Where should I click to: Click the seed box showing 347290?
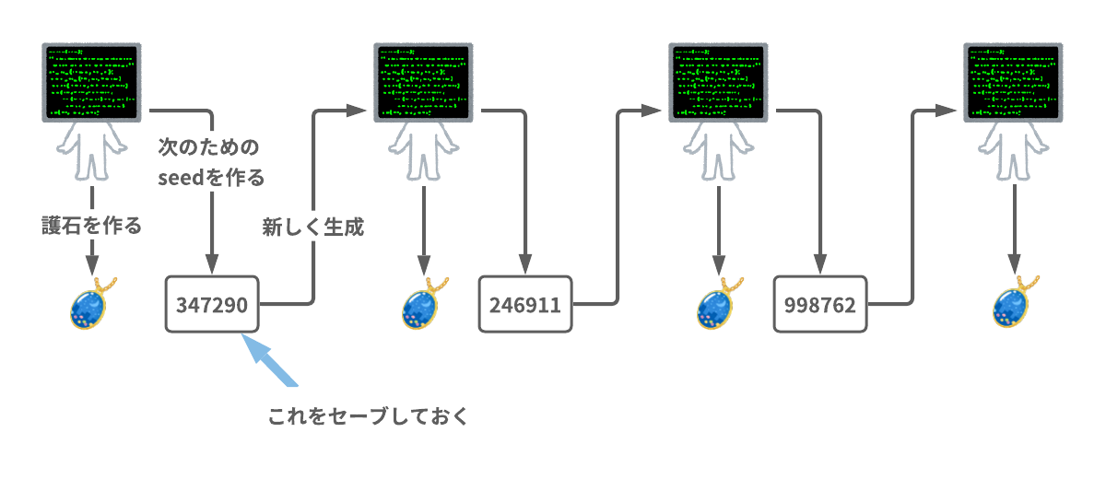pos(212,304)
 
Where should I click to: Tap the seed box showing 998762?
pos(819,304)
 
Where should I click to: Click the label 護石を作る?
pos(92,226)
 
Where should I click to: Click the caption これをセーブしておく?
pos(369,416)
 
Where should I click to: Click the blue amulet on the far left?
pos(92,304)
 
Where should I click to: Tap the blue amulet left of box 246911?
pos(424,304)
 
